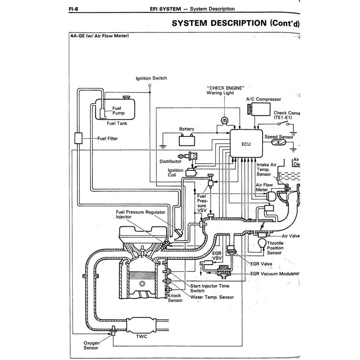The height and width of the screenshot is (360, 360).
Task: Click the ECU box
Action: coord(246,144)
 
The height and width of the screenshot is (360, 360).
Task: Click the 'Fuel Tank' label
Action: coord(117,124)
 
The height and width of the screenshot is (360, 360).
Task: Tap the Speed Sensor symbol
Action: coord(278,143)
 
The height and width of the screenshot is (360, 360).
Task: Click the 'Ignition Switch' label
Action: coord(151,78)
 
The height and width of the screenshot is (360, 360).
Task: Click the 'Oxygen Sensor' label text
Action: coord(91,345)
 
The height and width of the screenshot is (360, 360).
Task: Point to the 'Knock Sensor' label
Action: coord(175,298)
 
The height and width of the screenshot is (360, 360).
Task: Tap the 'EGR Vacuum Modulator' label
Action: coord(275,274)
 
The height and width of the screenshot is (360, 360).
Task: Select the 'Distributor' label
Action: coord(170,162)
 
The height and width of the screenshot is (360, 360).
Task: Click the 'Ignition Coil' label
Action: coord(176,173)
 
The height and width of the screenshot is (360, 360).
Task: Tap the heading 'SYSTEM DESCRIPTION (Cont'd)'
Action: coord(235,23)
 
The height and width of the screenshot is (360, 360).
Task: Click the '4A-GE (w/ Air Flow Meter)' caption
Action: coord(99,36)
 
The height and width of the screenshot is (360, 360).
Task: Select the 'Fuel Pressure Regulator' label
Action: coord(140,211)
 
